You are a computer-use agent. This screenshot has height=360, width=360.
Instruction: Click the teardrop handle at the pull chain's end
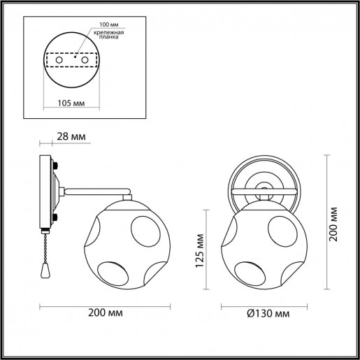[46, 269]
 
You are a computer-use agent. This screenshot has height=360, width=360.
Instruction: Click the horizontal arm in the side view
[98, 189]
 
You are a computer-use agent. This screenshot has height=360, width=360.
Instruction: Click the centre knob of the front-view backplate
[264, 187]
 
